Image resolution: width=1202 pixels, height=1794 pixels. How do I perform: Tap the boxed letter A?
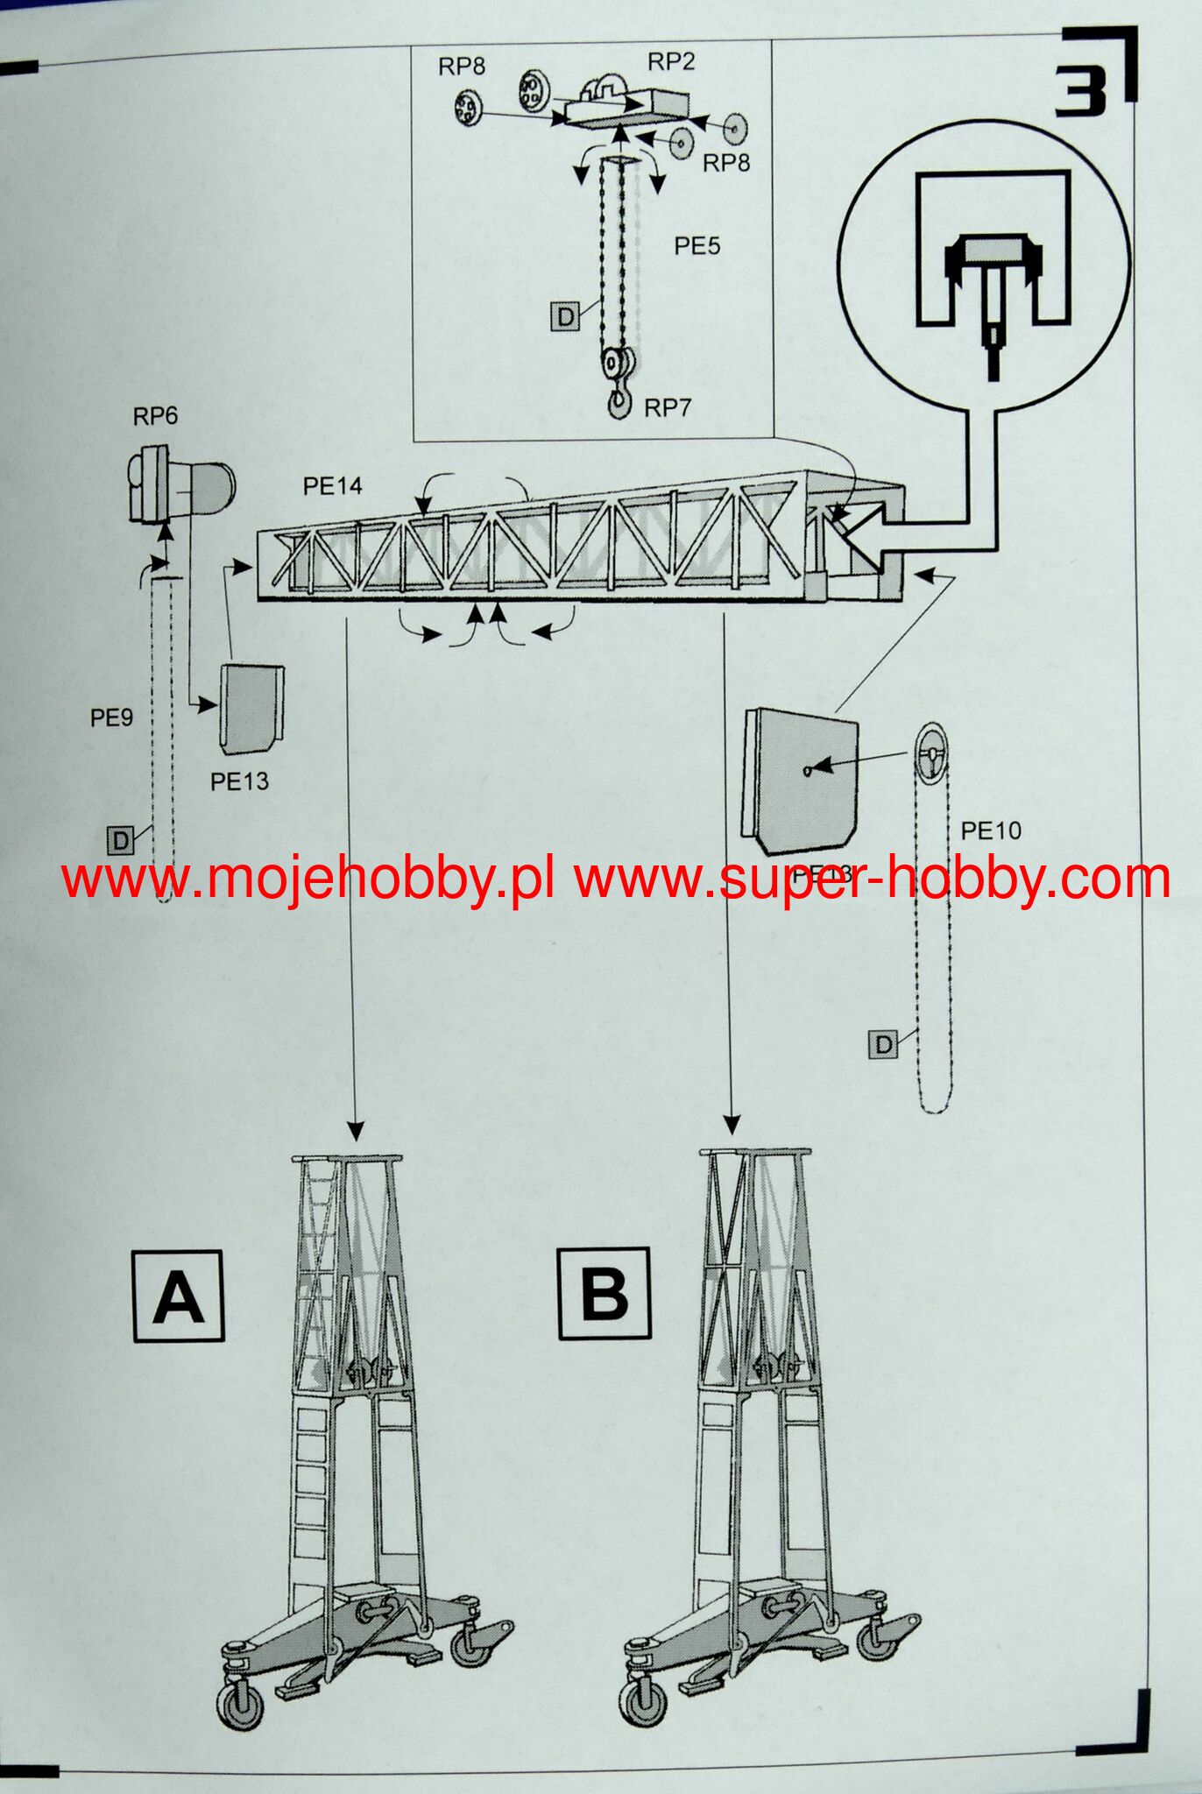pyautogui.click(x=179, y=1296)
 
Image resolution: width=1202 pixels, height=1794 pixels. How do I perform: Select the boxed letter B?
pyautogui.click(x=605, y=1293)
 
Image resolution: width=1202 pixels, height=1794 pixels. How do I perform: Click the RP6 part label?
pyautogui.click(x=155, y=416)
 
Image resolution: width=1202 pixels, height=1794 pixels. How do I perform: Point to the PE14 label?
pyautogui.click(x=332, y=486)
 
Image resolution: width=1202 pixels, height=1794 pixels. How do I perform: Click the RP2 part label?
pyautogui.click(x=670, y=61)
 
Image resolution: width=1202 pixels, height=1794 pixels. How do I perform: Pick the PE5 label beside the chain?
pyautogui.click(x=696, y=246)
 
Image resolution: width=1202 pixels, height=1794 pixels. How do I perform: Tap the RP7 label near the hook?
pyautogui.click(x=668, y=407)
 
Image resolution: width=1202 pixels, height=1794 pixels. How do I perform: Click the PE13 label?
pyautogui.click(x=239, y=781)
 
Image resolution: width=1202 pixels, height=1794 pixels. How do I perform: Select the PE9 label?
pyautogui.click(x=111, y=718)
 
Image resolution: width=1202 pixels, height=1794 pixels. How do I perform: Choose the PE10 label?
pyautogui.click(x=991, y=830)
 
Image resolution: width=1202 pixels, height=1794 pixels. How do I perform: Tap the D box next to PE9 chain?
pyautogui.click(x=120, y=841)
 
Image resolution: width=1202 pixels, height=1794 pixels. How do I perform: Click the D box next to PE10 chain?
pyautogui.click(x=883, y=1044)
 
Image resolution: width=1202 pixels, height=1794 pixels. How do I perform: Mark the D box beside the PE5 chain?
pyautogui.click(x=565, y=316)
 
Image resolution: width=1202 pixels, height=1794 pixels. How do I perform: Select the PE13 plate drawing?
pyautogui.click(x=252, y=708)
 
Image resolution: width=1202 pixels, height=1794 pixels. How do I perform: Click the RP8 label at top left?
pyautogui.click(x=462, y=67)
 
